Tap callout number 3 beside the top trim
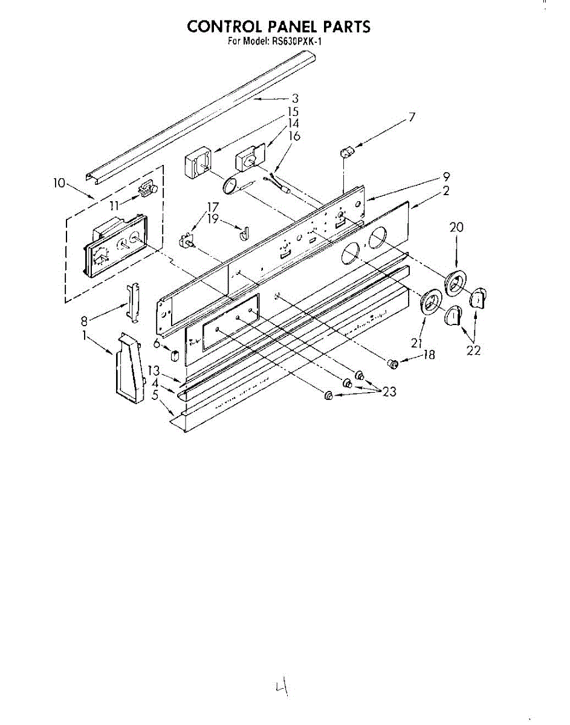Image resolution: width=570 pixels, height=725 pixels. tap(295, 98)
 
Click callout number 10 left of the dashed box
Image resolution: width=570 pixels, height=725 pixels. tap(59, 182)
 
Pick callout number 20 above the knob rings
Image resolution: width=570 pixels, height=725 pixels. tap(456, 227)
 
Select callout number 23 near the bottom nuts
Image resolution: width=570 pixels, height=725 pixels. tap(389, 391)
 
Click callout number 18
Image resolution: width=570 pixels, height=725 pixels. tap(429, 355)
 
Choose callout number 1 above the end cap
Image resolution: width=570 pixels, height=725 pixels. tap(84, 334)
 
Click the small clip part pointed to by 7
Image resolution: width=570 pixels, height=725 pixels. tap(346, 151)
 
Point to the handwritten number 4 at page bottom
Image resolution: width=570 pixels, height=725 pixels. tap(280, 687)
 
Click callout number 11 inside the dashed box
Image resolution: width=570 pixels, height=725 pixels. tap(114, 205)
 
